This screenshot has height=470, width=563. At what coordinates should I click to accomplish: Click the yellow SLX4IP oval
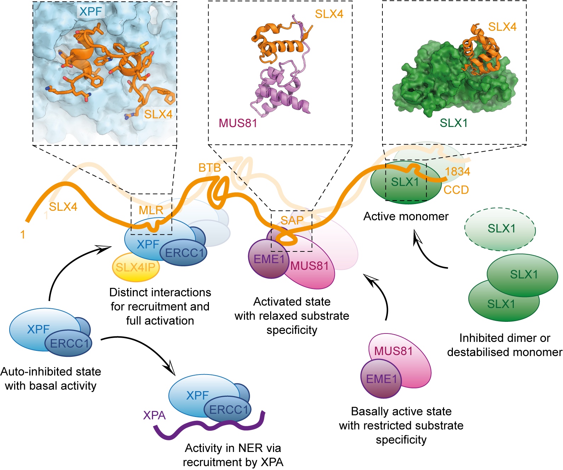coord(136,268)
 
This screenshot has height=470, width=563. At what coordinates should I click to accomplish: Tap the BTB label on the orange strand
coord(210,168)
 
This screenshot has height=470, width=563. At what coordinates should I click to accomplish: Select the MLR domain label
coord(151,210)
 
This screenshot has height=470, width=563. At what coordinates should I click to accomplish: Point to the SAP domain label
coord(292,220)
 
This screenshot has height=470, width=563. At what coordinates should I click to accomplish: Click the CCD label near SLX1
coord(456,190)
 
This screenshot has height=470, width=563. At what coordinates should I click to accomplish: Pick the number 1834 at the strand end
coord(457,172)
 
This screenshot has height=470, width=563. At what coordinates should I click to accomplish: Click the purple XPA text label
coord(154,415)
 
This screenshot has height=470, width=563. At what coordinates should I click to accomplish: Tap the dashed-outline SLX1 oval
coord(500,229)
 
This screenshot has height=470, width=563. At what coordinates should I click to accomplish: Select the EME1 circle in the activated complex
coord(269,259)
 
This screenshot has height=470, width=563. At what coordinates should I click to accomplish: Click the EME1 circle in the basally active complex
coord(381,379)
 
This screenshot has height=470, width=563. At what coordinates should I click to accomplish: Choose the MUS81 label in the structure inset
coord(238,123)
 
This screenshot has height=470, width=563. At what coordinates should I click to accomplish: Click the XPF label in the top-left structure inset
coord(91,11)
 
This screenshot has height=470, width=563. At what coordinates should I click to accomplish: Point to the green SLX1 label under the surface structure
coord(454,123)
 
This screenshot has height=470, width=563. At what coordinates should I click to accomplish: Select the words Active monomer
coord(406,216)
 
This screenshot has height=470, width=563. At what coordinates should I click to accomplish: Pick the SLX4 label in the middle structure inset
coord(329,14)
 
